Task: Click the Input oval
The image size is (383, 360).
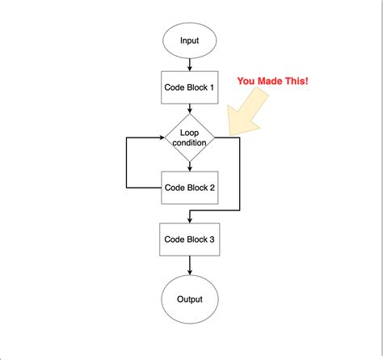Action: point(190,40)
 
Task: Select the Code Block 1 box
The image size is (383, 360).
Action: point(190,87)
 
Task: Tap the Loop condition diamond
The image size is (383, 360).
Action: point(190,138)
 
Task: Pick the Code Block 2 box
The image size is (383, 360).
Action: point(190,188)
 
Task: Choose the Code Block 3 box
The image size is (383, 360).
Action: point(190,239)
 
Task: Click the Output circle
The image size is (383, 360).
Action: point(190,299)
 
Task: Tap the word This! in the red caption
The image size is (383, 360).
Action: point(298,81)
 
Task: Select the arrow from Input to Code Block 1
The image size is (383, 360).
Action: point(190,65)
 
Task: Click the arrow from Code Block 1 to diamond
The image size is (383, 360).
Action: point(190,108)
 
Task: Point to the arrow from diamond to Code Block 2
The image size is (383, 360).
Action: point(190,167)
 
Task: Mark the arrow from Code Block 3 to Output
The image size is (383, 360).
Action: point(190,265)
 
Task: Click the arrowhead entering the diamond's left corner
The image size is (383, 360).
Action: point(162,138)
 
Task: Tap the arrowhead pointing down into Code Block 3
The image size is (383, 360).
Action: point(190,220)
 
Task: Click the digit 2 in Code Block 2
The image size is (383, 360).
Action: point(212,188)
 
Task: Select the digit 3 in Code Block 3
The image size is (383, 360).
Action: point(212,239)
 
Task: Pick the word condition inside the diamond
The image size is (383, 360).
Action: point(189,142)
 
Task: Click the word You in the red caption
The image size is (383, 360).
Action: point(246,81)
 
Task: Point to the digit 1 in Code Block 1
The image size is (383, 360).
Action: point(212,87)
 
